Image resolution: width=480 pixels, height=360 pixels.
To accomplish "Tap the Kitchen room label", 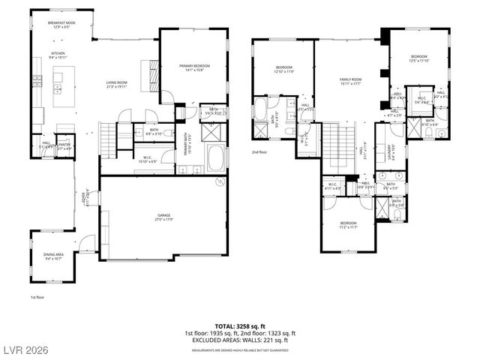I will [x=58, y=55].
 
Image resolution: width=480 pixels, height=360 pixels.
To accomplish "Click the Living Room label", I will [x=116, y=85].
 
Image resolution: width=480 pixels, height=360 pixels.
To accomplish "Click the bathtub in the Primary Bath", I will [x=216, y=159].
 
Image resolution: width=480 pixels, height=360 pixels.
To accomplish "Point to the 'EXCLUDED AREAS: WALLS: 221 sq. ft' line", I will [x=240, y=340].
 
